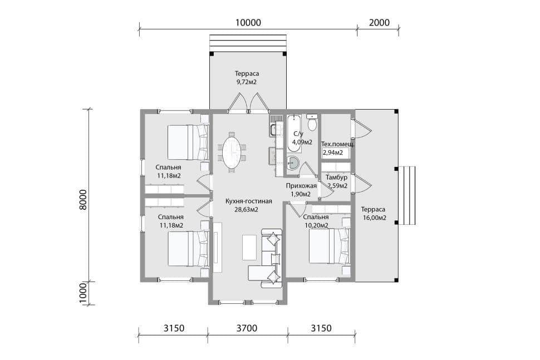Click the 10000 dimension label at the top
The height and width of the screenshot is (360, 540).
pyautogui.click(x=248, y=23)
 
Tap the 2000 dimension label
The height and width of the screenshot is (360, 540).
pyautogui.click(x=379, y=23)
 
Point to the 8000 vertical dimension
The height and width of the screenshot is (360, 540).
pyautogui.click(x=84, y=200)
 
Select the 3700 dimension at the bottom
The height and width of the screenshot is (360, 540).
pyautogui.click(x=247, y=328)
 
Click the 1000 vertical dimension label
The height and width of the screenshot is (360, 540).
pyautogui.click(x=84, y=293)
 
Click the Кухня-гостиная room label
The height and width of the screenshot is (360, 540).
pyautogui.click(x=249, y=201)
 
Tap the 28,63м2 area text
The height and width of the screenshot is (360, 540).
pyautogui.click(x=246, y=210)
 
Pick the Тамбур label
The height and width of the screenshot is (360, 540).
pyautogui.click(x=336, y=177)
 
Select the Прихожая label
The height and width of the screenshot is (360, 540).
pyautogui.click(x=301, y=186)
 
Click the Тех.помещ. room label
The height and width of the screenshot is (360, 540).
pyautogui.click(x=338, y=144)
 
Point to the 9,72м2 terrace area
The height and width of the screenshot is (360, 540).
pyautogui.click(x=246, y=82)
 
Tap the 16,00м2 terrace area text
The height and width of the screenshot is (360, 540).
pyautogui.click(x=374, y=218)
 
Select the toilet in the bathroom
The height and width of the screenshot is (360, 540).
pyautogui.click(x=312, y=122)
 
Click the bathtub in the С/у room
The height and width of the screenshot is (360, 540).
pyautogui.click(x=294, y=134)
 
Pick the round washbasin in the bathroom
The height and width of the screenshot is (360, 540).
pyautogui.click(x=293, y=162)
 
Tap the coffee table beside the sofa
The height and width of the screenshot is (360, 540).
pyautogui.click(x=249, y=248)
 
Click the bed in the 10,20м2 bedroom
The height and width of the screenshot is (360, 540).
pyautogui.click(x=330, y=246)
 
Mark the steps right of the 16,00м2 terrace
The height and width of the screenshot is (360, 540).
pyautogui.click(x=407, y=195)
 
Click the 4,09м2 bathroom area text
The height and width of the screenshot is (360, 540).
pyautogui.click(x=302, y=142)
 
